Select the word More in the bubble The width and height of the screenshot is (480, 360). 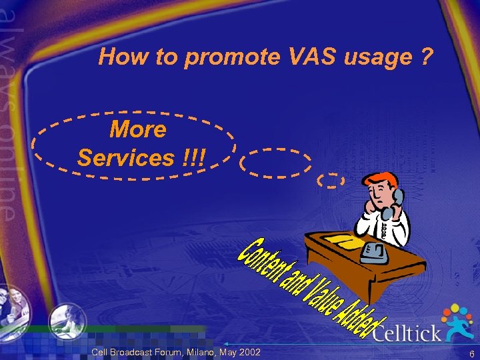pyautogui.click(x=137, y=129)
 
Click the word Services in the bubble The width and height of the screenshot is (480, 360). pyautogui.click(x=125, y=158)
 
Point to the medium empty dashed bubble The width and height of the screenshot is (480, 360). pyautogui.click(x=275, y=163)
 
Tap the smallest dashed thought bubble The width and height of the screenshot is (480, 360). pyautogui.click(x=331, y=179)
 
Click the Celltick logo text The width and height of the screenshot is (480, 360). pyautogui.click(x=407, y=331)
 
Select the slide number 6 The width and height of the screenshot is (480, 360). pyautogui.click(x=471, y=353)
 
